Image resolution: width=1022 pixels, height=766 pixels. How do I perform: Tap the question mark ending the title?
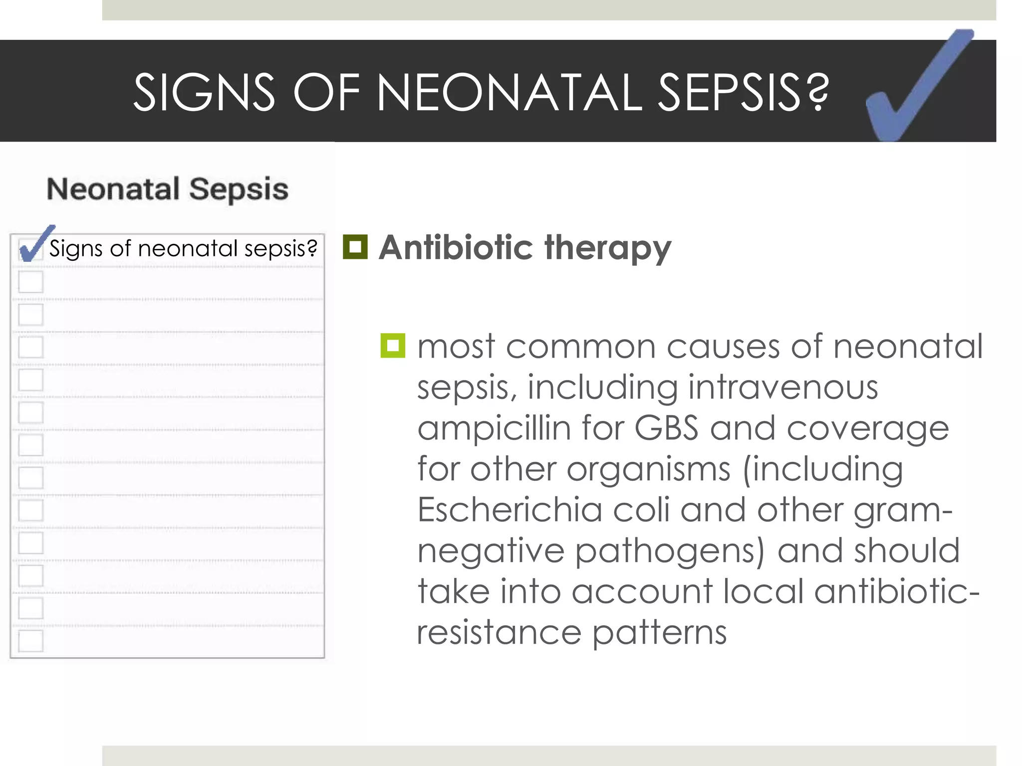tap(817, 93)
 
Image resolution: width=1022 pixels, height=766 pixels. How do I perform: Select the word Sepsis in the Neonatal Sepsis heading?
tap(239, 190)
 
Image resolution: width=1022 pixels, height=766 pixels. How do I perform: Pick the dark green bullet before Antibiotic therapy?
tap(355, 247)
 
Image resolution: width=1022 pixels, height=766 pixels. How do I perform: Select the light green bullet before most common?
tap(393, 345)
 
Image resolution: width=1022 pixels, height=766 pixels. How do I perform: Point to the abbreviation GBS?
tap(666, 429)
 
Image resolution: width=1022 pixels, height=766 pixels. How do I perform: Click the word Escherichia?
tap(510, 510)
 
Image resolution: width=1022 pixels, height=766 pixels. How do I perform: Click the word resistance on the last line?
tap(499, 633)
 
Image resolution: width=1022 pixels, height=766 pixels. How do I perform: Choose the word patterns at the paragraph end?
tap(660, 634)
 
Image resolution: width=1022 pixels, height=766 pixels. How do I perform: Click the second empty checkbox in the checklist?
tap(31, 314)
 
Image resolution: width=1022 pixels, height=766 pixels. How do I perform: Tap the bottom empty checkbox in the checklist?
tap(31, 641)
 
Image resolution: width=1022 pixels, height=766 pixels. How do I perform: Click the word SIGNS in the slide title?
tap(204, 93)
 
